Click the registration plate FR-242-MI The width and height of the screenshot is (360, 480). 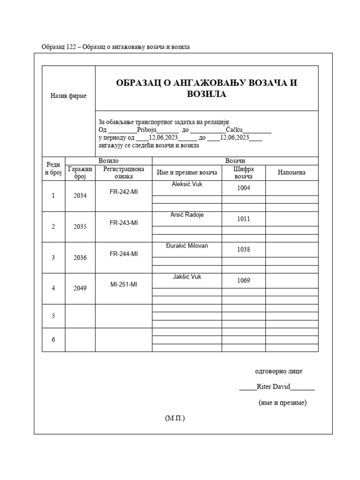tap(124, 192)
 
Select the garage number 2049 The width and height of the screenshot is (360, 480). tap(80, 288)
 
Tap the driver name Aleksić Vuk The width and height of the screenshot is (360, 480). tap(187, 184)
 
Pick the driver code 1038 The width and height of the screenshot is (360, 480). tap(243, 250)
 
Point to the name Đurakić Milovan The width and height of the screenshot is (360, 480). tap(187, 246)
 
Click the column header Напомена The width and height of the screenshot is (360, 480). tap(292, 172)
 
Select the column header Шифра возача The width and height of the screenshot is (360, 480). tap(243, 172)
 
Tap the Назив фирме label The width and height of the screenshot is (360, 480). tap(68, 96)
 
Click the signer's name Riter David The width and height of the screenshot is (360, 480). tap(274, 387)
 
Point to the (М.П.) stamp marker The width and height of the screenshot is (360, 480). tap(175, 418)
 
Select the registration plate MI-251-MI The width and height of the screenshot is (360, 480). tap(124, 284)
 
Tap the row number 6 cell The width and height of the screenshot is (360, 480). tap(53, 339)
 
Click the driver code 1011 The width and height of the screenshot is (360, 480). tap(243, 219)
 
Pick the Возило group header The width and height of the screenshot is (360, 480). tap(108, 161)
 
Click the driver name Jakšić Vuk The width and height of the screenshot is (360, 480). tap(187, 277)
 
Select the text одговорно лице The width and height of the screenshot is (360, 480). tap(278, 371)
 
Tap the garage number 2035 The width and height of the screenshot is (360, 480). tap(80, 227)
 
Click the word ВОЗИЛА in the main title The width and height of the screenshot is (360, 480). tap(207, 95)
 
